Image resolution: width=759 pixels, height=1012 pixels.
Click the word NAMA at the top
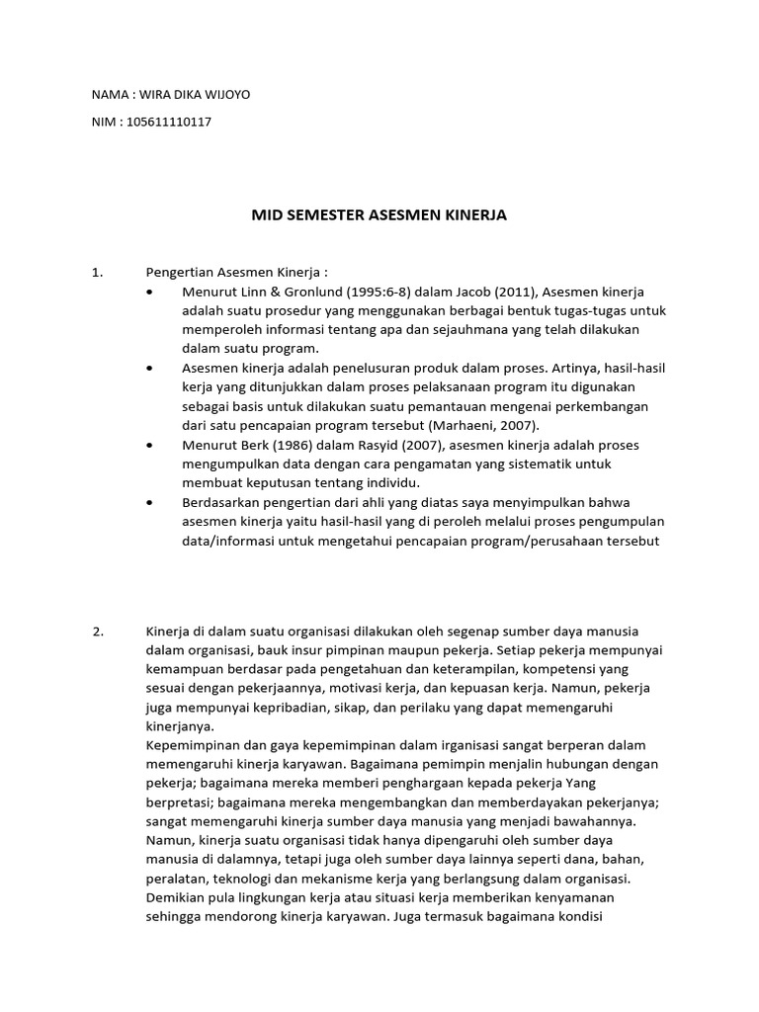click(110, 95)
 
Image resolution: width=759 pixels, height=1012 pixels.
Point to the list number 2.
click(98, 632)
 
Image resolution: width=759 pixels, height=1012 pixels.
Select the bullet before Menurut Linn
click(149, 293)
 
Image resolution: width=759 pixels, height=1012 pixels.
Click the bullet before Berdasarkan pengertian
click(149, 502)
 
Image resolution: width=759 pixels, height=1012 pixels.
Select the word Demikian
click(175, 896)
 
